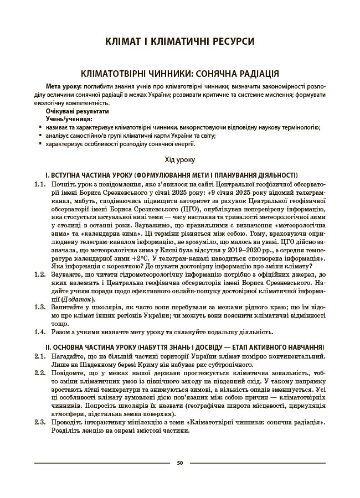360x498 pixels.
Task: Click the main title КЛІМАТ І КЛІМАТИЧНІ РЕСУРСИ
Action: click(180, 41)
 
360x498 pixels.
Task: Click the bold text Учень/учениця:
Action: click(69, 119)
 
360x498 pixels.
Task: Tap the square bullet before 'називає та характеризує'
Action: click(40, 127)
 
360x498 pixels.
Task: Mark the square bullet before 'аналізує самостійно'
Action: click(40, 136)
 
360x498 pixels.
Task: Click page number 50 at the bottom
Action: click(180, 463)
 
